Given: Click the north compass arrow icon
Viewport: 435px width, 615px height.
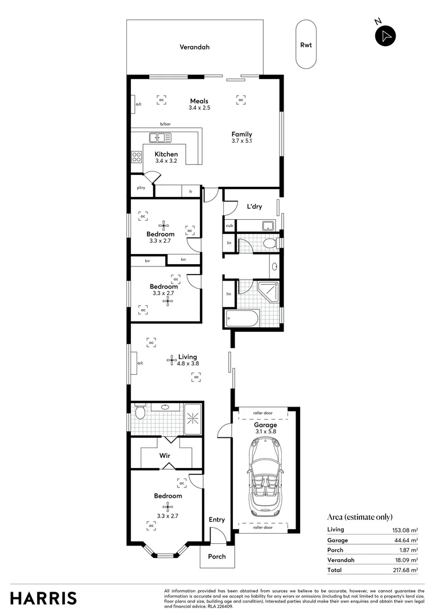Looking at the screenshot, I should [x=385, y=35].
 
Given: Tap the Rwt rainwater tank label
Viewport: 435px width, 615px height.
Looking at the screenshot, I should [x=306, y=45].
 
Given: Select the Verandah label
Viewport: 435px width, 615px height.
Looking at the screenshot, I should [x=195, y=47].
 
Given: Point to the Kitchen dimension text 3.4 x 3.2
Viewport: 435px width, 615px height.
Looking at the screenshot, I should [x=166, y=161].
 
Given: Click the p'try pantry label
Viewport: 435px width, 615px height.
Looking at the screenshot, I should [x=140, y=188].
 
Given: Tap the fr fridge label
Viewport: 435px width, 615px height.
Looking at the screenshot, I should [x=190, y=192].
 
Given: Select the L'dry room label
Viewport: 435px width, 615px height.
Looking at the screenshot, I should [x=254, y=207].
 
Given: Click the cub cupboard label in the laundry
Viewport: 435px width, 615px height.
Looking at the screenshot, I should [x=229, y=225].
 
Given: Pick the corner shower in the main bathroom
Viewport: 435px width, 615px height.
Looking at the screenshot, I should [x=268, y=292].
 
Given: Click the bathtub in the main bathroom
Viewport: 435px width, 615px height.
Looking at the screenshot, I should [x=243, y=318].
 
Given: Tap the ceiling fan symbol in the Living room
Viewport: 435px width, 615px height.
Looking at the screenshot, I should [x=171, y=359].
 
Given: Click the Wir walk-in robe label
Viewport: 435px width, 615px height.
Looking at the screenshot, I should [x=165, y=456].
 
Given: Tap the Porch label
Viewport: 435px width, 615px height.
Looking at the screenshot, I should [x=216, y=556].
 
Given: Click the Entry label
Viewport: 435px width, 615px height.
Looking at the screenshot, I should [x=216, y=519].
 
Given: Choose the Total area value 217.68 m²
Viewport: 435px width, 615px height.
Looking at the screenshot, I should [x=405, y=569].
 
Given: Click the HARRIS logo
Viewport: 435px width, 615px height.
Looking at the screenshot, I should [x=43, y=598].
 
